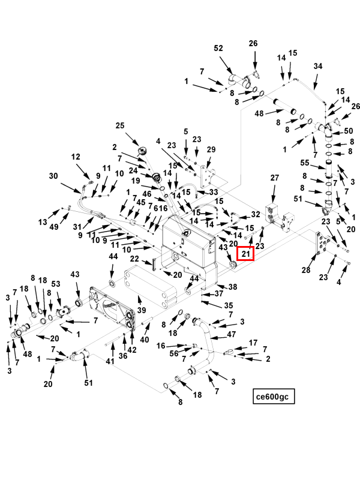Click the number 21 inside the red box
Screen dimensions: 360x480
click(x=246, y=254)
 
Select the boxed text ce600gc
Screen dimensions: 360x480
click(x=272, y=397)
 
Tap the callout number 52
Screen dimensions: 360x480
click(x=218, y=49)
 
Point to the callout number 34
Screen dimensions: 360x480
click(x=318, y=66)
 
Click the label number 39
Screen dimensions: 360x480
click(x=142, y=310)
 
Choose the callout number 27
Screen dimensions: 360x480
click(x=275, y=178)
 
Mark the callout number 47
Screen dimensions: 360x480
click(x=232, y=334)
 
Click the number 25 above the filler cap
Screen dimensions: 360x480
click(x=120, y=125)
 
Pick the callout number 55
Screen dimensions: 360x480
click(x=305, y=163)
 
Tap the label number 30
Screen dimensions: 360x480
click(x=53, y=176)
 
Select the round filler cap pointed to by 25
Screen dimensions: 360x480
click(x=143, y=151)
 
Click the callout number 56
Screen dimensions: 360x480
click(x=174, y=353)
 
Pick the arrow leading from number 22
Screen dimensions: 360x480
click(x=147, y=262)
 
